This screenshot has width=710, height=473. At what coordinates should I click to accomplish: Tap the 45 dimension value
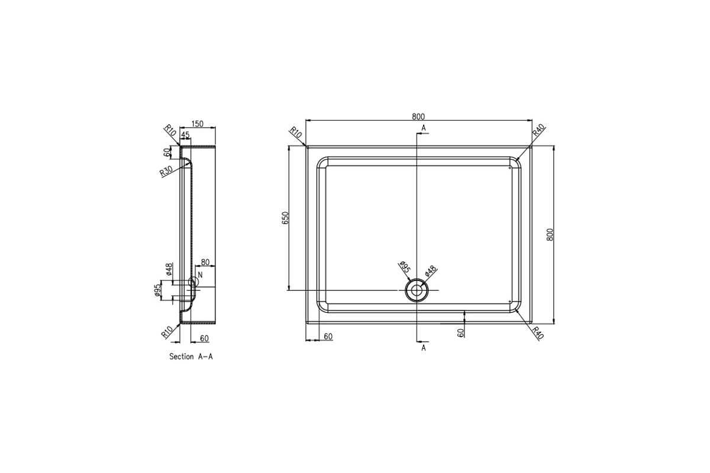coord(185,135)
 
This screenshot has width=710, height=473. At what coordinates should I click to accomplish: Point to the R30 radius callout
coord(166,172)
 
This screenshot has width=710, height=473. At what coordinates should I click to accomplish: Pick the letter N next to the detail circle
coord(201,275)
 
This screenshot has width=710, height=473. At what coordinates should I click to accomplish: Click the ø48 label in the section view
coord(169,270)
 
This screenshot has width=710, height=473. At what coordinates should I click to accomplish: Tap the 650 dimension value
coord(285,218)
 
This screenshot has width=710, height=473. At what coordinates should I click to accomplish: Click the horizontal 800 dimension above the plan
coord(419,116)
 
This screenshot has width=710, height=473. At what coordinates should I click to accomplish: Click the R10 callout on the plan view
coord(295,134)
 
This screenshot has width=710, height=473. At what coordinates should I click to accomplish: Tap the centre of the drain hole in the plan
coord(417,290)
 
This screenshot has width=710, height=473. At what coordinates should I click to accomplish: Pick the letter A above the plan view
coord(424,128)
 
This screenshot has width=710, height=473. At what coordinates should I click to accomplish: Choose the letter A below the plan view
coord(424,348)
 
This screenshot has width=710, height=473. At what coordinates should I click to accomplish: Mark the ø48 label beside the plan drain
coord(431,271)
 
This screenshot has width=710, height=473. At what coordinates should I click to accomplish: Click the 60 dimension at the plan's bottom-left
coord(328,336)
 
